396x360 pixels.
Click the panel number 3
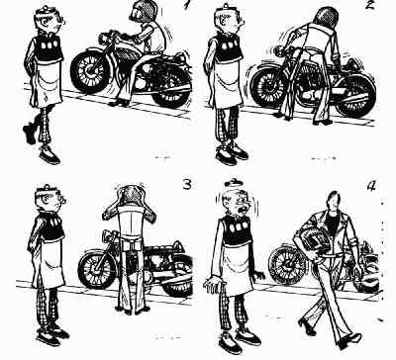click(187, 184)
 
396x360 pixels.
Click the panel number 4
click(371, 186)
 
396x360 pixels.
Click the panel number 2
click(370, 5)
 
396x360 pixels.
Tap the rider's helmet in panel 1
click(143, 11)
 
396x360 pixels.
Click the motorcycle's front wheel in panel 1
click(90, 71)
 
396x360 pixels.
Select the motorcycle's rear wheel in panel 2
click(355, 94)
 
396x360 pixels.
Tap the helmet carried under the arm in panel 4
click(315, 234)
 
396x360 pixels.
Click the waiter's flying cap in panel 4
click(232, 181)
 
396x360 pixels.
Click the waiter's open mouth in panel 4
click(244, 209)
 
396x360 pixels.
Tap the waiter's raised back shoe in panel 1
click(30, 134)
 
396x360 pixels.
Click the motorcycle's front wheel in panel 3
click(97, 268)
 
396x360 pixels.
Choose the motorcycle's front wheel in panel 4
click(286, 264)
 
